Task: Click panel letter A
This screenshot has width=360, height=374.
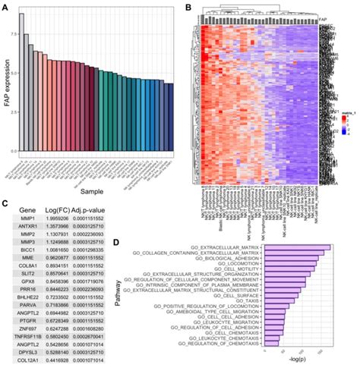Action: [x=5, y=7]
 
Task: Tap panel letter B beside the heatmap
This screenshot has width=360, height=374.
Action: [x=188, y=7]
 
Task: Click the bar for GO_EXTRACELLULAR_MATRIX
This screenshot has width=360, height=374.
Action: [x=297, y=247]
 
